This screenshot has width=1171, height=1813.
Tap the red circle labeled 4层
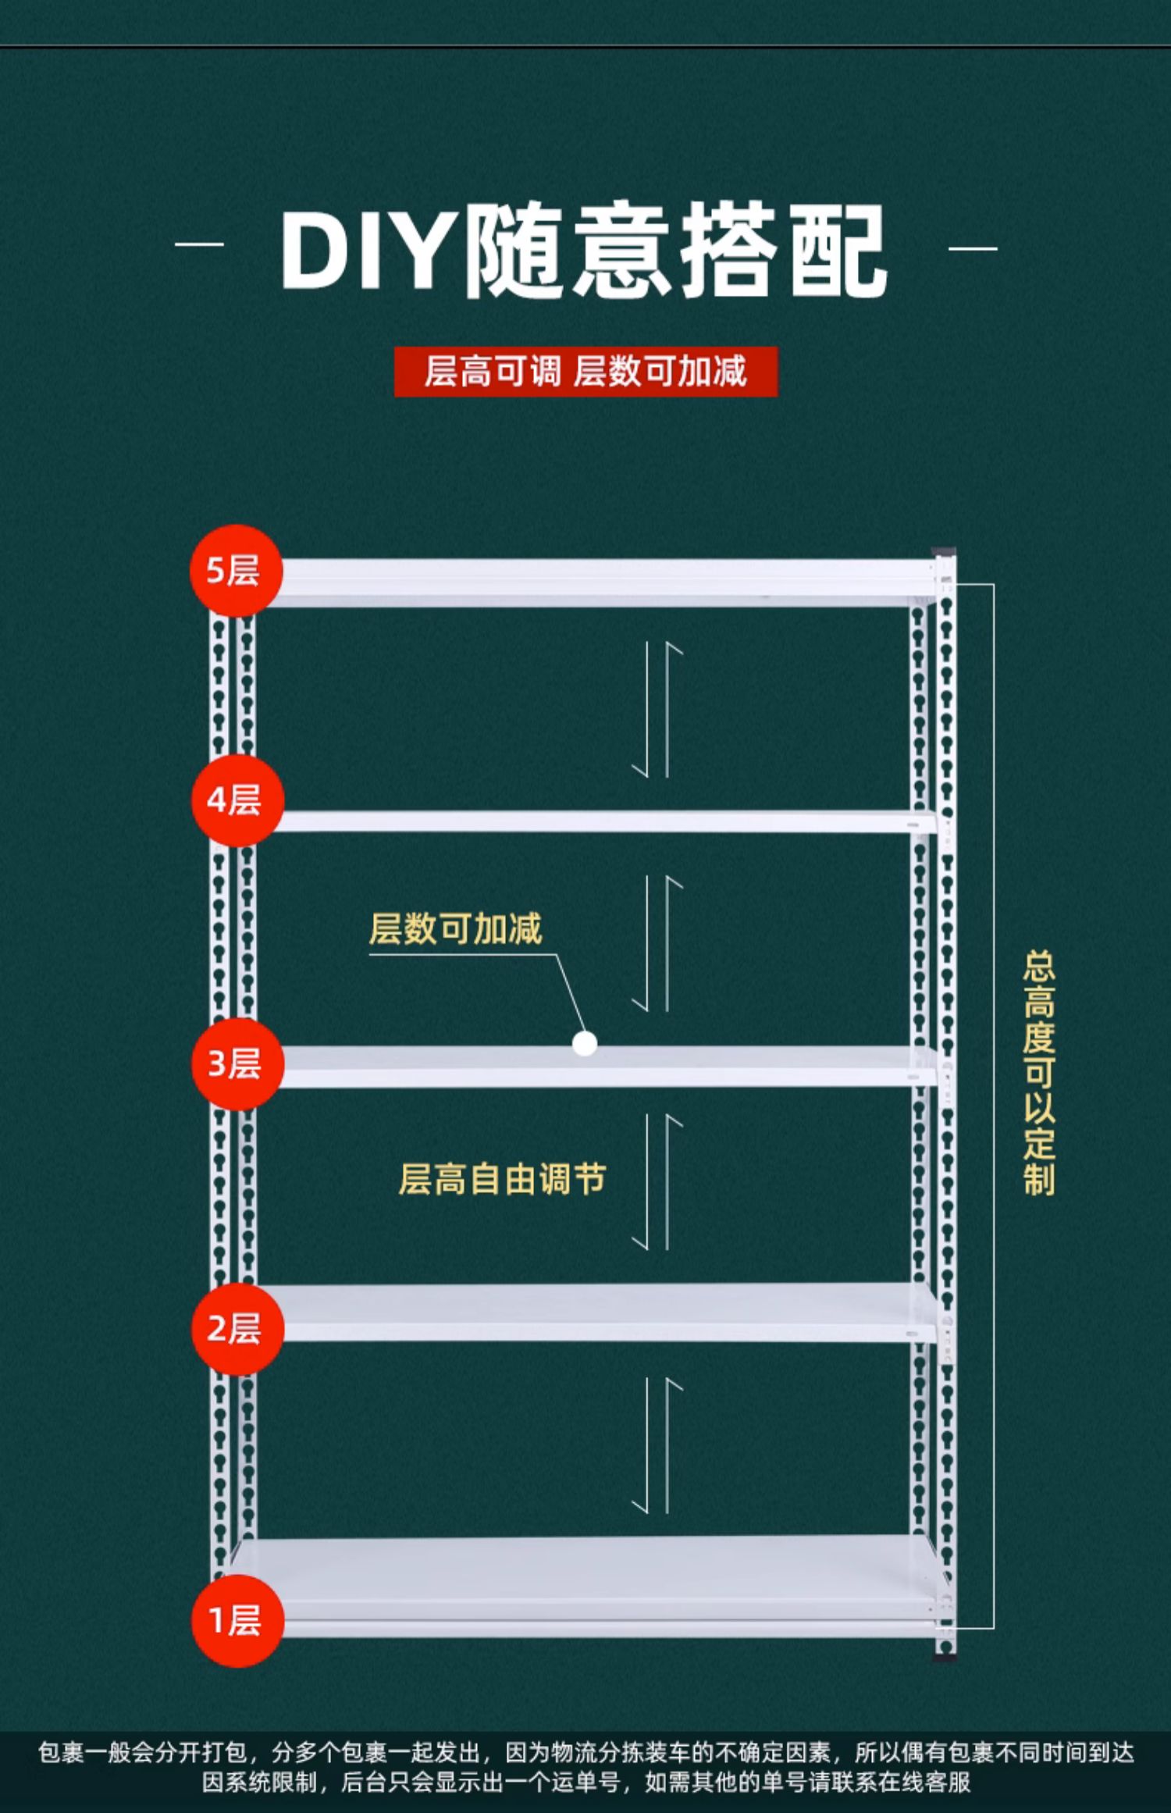(237, 800)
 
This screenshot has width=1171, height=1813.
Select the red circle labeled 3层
(237, 1063)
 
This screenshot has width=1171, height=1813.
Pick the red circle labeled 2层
(237, 1328)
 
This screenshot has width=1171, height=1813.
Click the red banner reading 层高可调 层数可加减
(585, 372)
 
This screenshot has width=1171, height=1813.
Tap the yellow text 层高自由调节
(502, 1179)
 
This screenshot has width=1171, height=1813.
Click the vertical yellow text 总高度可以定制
(1039, 1073)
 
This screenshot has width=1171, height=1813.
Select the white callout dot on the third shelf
(585, 1044)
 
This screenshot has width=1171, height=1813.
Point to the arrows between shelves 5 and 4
(657, 710)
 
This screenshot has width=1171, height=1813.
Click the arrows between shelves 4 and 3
(657, 944)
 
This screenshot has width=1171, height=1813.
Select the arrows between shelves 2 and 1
(657, 1445)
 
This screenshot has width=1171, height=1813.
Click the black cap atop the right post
(944, 551)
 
